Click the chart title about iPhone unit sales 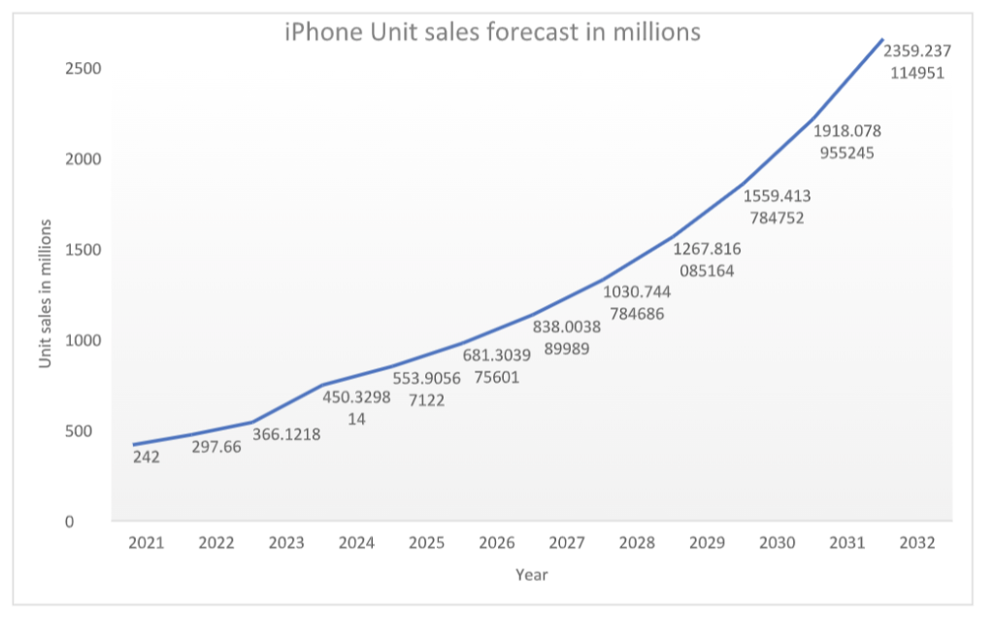pyautogui.click(x=492, y=32)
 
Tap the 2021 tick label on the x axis pyautogui.click(x=147, y=543)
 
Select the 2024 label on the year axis pyautogui.click(x=356, y=543)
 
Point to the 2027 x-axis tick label pyautogui.click(x=567, y=543)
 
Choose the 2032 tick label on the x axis pyautogui.click(x=917, y=543)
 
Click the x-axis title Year pyautogui.click(x=532, y=574)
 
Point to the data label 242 pyautogui.click(x=147, y=456)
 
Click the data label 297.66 pyautogui.click(x=216, y=447)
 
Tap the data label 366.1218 pyautogui.click(x=286, y=434)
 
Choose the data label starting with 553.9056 pyautogui.click(x=426, y=389)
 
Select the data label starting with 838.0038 pyautogui.click(x=567, y=338)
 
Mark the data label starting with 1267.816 pyautogui.click(x=707, y=259)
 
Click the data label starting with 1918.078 pyautogui.click(x=847, y=141)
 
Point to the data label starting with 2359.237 pyautogui.click(x=917, y=61)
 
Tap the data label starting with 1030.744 pyautogui.click(x=637, y=302)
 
